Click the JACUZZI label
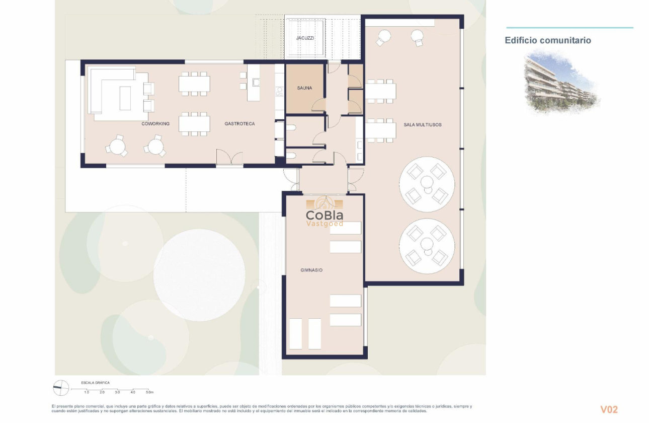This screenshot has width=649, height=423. (x=305, y=38)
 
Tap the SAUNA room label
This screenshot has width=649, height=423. (x=304, y=88)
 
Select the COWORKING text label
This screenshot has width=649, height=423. (x=155, y=124)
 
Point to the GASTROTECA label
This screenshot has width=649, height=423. (x=239, y=124)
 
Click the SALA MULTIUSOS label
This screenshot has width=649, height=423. (x=422, y=124)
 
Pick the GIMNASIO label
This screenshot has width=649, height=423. (x=311, y=270)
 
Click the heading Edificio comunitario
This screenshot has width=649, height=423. (x=547, y=40)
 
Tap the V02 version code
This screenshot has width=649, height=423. (x=609, y=409)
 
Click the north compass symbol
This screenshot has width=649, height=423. (x=61, y=387)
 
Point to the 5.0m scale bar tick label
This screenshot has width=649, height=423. (x=149, y=392)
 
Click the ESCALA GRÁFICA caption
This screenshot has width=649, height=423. (x=96, y=383)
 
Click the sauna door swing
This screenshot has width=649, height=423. (x=318, y=105)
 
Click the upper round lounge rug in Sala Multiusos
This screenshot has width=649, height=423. (x=427, y=184)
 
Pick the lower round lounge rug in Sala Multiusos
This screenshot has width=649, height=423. (x=427, y=246)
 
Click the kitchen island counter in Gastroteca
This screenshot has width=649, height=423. (x=254, y=83)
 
